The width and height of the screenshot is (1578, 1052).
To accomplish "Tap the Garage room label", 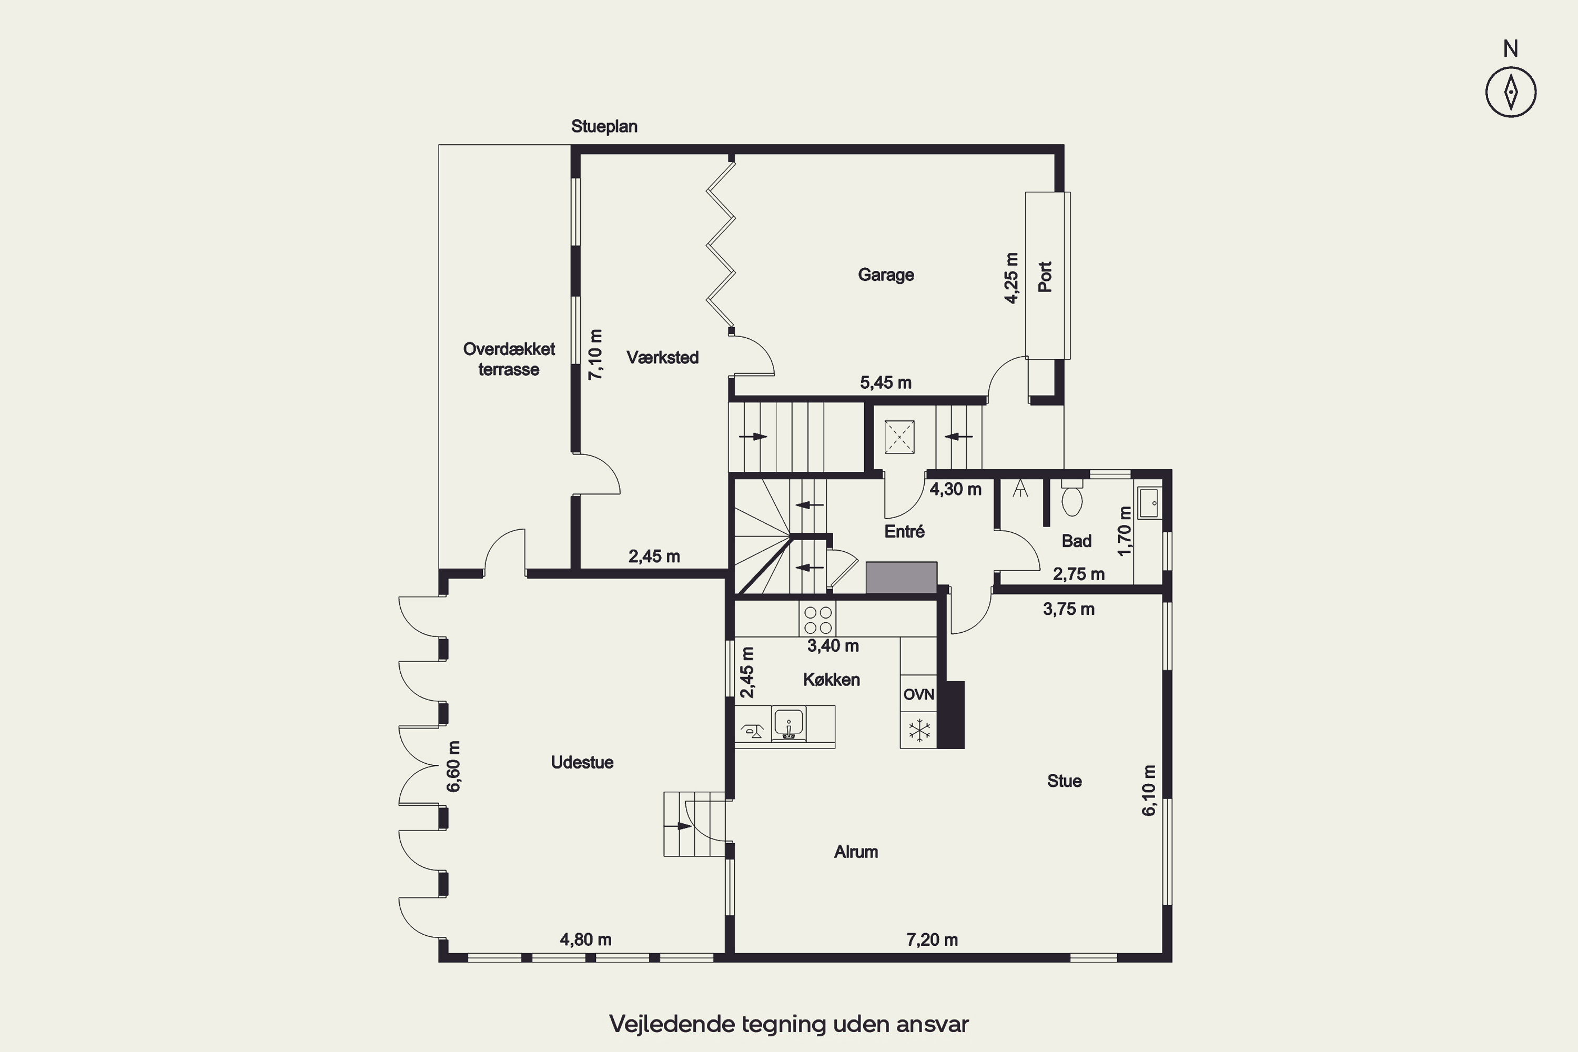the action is (886, 275).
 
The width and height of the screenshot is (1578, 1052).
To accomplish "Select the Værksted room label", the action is (662, 357).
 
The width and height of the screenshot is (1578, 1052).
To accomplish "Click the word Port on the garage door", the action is (1045, 277).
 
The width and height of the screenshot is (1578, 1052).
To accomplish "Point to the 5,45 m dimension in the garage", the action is (886, 383).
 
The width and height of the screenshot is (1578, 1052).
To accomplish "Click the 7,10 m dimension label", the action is (595, 354).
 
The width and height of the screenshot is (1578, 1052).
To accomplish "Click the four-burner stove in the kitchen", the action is (818, 619).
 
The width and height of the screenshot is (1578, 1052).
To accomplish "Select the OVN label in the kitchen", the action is (918, 694).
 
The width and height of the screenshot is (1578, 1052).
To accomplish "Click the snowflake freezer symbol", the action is (918, 731).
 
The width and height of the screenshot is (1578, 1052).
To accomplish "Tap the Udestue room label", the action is (582, 762).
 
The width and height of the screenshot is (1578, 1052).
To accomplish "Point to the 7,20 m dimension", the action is (932, 940).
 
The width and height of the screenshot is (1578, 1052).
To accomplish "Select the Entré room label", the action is (904, 531).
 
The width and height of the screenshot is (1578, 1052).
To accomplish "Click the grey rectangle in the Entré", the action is (901, 578).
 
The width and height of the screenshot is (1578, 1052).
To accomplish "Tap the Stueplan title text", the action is (604, 127).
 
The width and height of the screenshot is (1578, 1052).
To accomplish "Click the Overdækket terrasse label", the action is (509, 359).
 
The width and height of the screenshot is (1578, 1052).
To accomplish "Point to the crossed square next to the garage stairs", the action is (899, 438).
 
